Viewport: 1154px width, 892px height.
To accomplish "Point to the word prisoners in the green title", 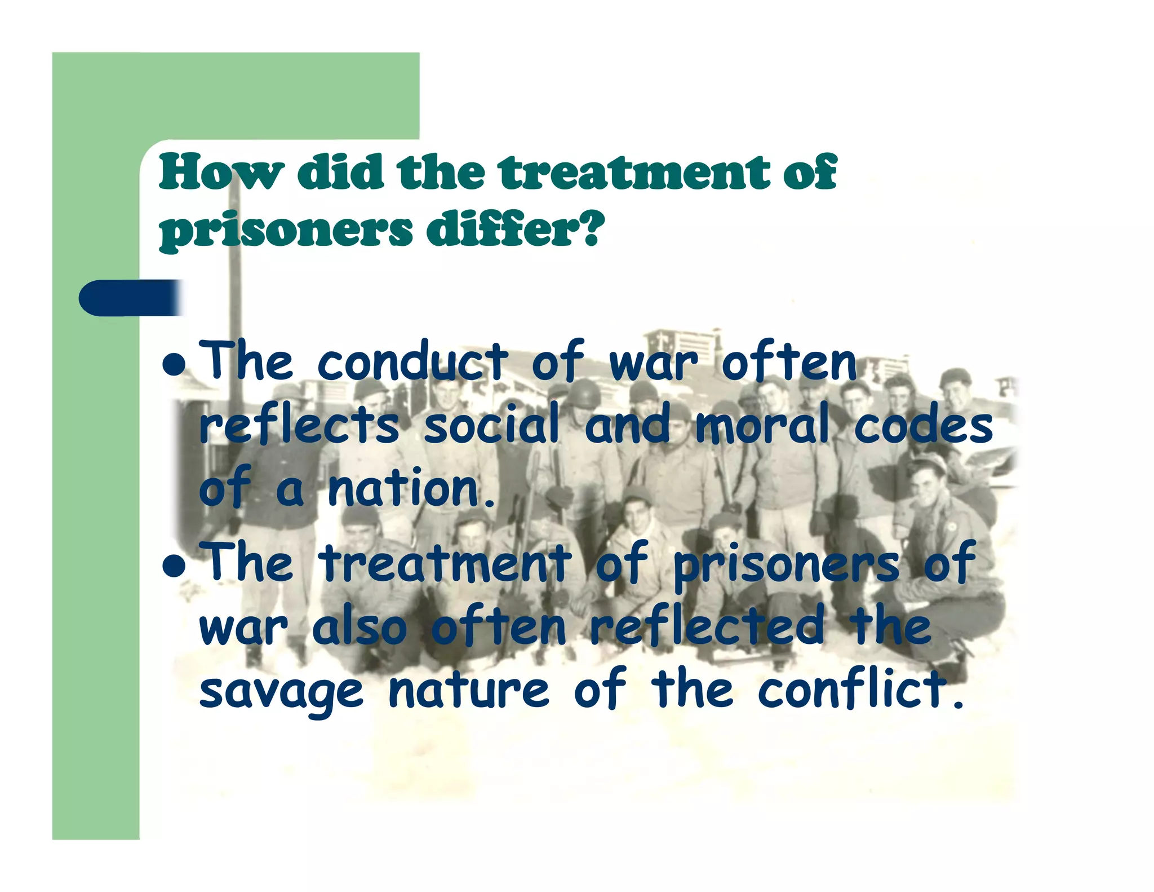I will pyautogui.click(x=286, y=231).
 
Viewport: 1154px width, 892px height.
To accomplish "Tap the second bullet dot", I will pyautogui.click(x=173, y=565).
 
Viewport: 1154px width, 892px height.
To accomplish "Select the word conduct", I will pyautogui.click(x=412, y=362).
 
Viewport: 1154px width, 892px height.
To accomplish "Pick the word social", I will pyautogui.click(x=491, y=424).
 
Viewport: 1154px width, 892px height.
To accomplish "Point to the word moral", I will pyautogui.click(x=762, y=424).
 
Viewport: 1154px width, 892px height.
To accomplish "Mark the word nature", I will pyautogui.click(x=469, y=690).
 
